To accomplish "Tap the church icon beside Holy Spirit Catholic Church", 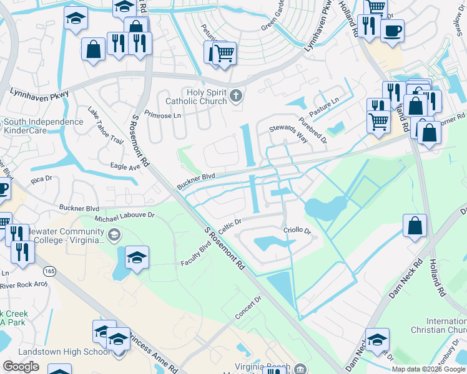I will pos(235,96).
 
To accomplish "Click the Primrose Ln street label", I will pos(162,115).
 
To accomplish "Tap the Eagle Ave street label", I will pos(125,167).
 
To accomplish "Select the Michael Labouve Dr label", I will pos(124,219).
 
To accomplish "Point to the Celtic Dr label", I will pos(229,222).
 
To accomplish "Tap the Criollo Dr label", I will pos(297,230).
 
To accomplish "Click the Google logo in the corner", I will pos(21,367).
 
